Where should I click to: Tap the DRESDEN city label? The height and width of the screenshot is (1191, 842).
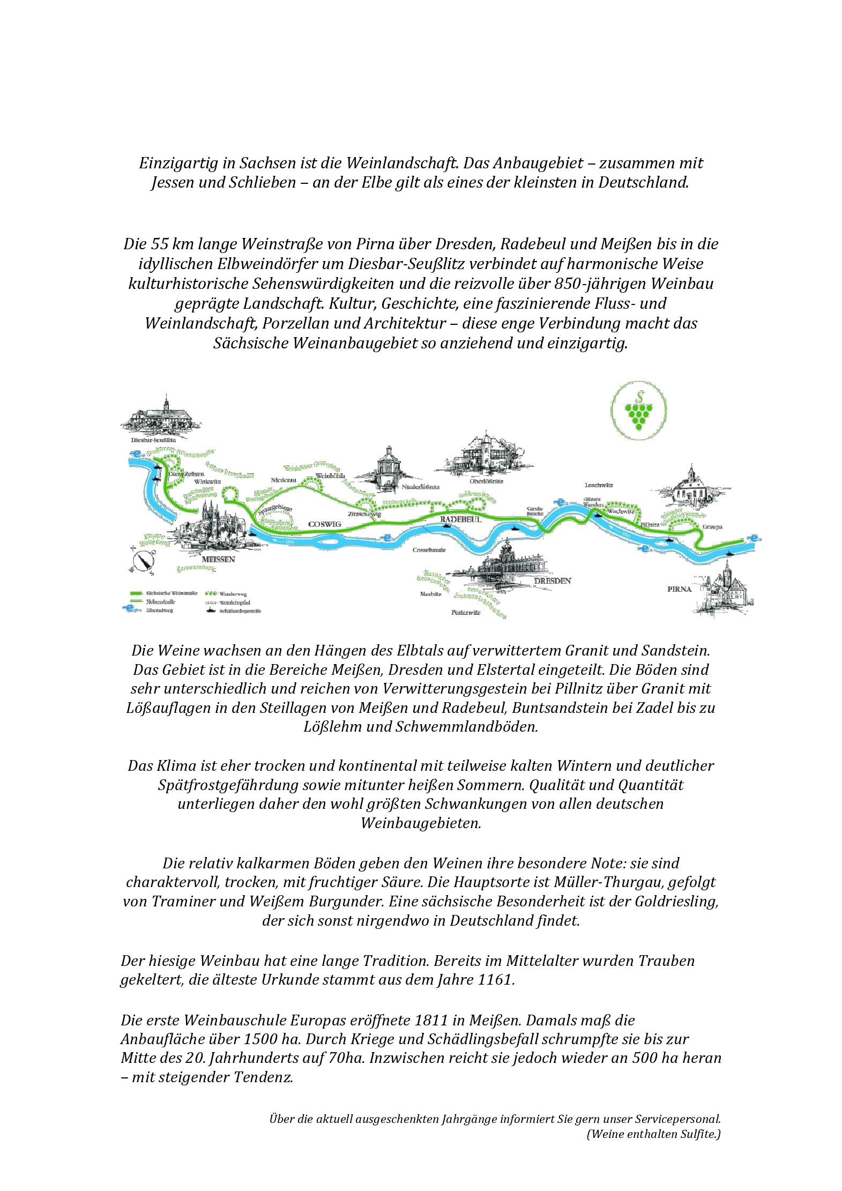tap(552, 580)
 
